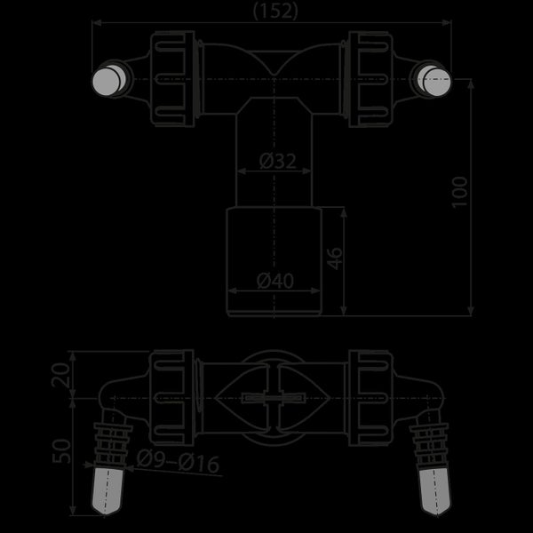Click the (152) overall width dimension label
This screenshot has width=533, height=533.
pyautogui.click(x=275, y=12)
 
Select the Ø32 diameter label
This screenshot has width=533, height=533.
pyautogui.click(x=278, y=161)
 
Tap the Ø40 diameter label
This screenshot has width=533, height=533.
pyautogui.click(x=275, y=281)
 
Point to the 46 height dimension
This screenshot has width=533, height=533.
pyautogui.click(x=335, y=259)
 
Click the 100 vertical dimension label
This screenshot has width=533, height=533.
pyautogui.click(x=459, y=192)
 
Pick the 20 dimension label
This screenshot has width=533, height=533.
pyautogui.click(x=60, y=375)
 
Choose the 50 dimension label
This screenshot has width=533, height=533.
pyautogui.click(x=61, y=451)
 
